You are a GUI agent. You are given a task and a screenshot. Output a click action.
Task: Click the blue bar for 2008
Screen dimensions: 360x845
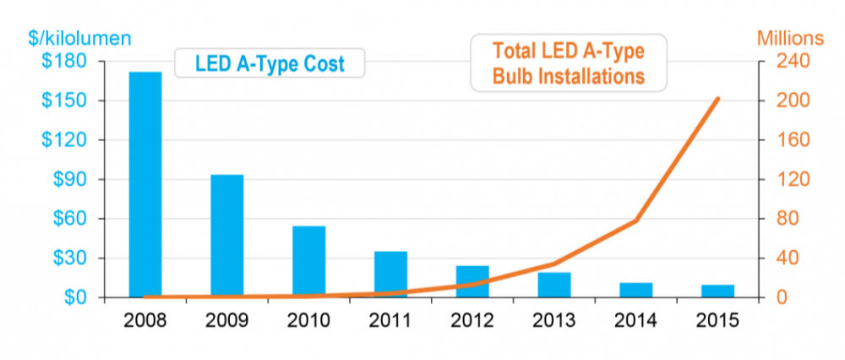coord(145,184)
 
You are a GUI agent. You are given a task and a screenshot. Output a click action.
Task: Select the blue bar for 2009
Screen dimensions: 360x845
coord(226,236)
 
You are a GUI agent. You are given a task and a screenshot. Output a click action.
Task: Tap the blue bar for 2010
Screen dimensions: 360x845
coord(308,261)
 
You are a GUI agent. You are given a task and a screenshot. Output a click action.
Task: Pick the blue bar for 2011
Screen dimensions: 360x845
coord(390,274)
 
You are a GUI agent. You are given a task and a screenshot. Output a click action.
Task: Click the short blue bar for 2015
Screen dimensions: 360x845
coord(717,291)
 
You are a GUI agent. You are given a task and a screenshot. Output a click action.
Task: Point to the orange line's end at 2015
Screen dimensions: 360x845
coord(717,99)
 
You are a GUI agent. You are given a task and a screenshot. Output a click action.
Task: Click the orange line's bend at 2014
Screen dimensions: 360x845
coord(635,221)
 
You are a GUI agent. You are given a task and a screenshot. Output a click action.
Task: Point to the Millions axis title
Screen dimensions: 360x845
coord(789,39)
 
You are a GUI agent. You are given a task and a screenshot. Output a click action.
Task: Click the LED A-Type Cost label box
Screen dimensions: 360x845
coord(270,63)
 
